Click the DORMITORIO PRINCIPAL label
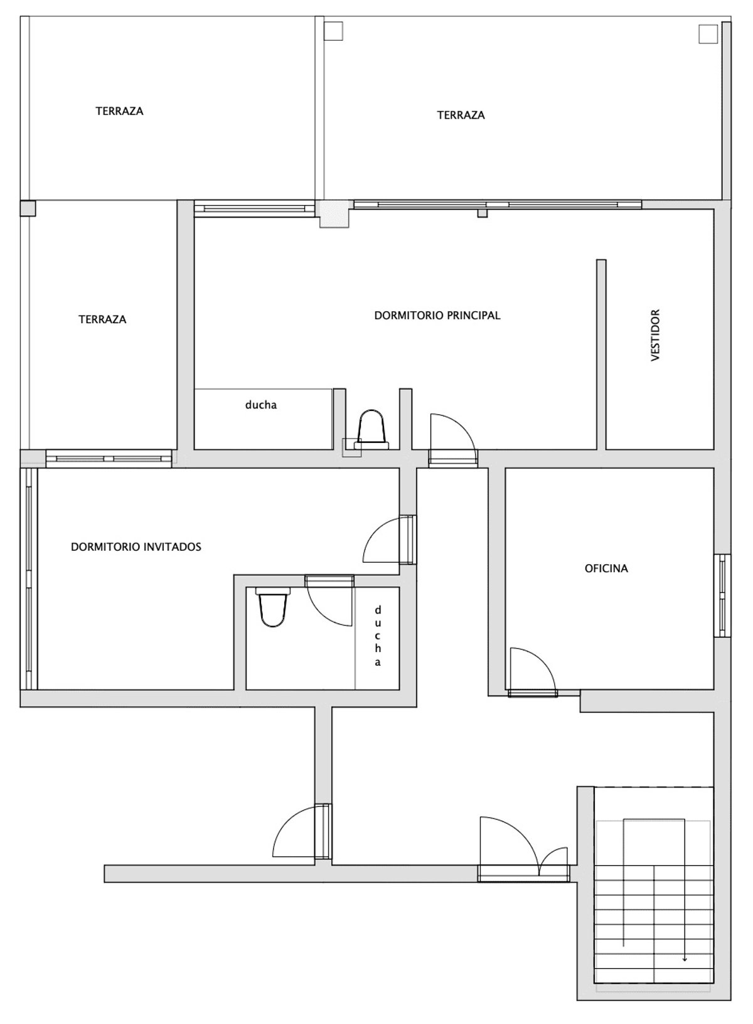pyautogui.click(x=437, y=316)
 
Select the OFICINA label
pyautogui.click(x=606, y=568)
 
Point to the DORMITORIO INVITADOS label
pyautogui.click(x=136, y=547)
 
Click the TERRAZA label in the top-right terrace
pyautogui.click(x=461, y=115)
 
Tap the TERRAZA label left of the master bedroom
pyautogui.click(x=102, y=319)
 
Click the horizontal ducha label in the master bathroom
pyautogui.click(x=260, y=405)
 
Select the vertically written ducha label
pyautogui.click(x=378, y=636)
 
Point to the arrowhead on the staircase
pyautogui.click(x=685, y=958)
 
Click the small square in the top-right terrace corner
pyautogui.click(x=708, y=34)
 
